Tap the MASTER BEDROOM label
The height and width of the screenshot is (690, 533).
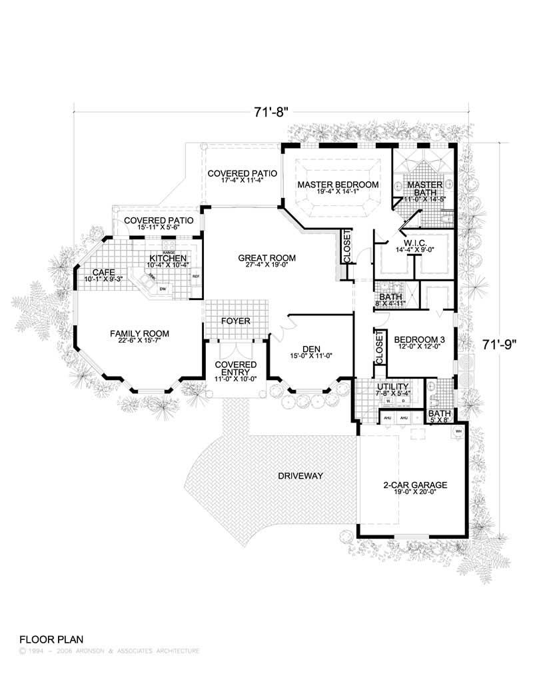(x=338, y=184)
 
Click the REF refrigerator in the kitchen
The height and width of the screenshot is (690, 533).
(x=196, y=276)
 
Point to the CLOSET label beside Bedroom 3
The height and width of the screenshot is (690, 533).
(x=380, y=348)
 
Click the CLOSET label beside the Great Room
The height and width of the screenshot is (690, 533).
(x=346, y=245)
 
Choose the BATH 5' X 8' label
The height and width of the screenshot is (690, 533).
(x=440, y=417)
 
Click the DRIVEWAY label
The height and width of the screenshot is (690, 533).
(x=301, y=476)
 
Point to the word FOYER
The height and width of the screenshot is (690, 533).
(x=235, y=321)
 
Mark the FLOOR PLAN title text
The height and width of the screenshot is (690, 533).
(x=51, y=638)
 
